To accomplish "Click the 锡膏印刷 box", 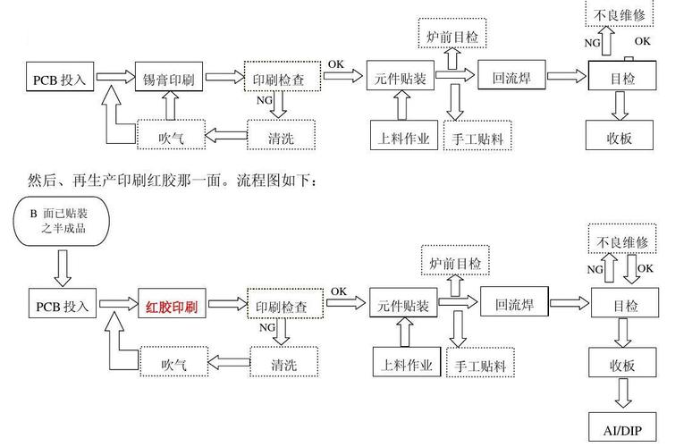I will [x=169, y=79].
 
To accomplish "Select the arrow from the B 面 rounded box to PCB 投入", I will [x=63, y=266].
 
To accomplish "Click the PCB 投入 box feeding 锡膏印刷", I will [x=61, y=79].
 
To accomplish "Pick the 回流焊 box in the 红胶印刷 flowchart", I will [x=514, y=304].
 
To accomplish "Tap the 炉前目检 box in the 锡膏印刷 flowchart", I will [x=452, y=37].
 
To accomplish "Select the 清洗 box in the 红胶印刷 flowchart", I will [x=279, y=363].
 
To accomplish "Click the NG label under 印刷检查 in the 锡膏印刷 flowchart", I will [x=265, y=101].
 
